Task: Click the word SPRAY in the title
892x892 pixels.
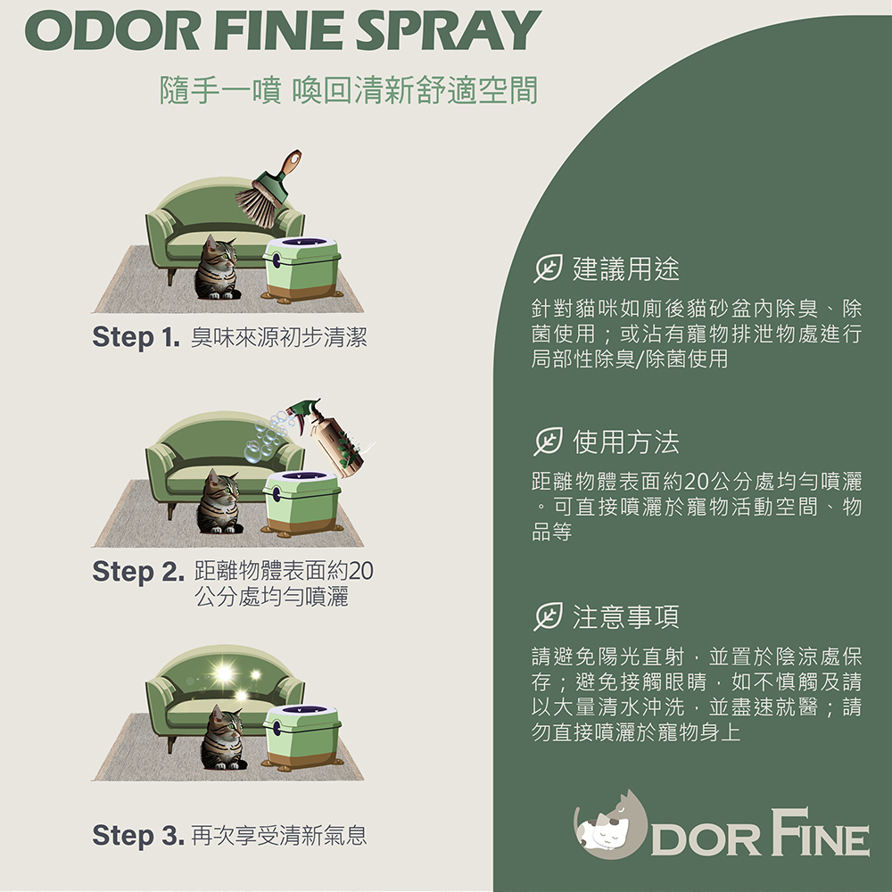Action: [x=449, y=30]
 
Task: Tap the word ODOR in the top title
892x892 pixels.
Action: [x=112, y=30]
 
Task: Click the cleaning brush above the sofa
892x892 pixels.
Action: [x=268, y=188]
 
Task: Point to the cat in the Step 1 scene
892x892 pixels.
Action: [x=218, y=268]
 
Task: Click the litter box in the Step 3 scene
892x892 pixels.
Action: [x=301, y=738]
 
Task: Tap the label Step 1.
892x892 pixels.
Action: [x=136, y=337]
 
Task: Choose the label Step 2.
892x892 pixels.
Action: [x=138, y=571]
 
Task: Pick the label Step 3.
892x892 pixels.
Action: [x=138, y=835]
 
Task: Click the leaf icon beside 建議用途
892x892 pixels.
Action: [x=548, y=268]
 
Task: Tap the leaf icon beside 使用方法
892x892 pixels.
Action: [x=548, y=442]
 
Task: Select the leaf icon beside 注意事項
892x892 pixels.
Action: [x=548, y=616]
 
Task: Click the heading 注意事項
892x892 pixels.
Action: [x=626, y=616]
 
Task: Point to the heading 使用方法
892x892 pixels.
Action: [x=626, y=442]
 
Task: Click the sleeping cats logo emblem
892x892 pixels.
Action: [x=610, y=824]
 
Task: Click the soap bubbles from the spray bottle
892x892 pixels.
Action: [x=268, y=436]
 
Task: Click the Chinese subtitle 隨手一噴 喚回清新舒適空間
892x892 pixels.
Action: [x=349, y=90]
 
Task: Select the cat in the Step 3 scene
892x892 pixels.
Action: [x=223, y=738]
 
